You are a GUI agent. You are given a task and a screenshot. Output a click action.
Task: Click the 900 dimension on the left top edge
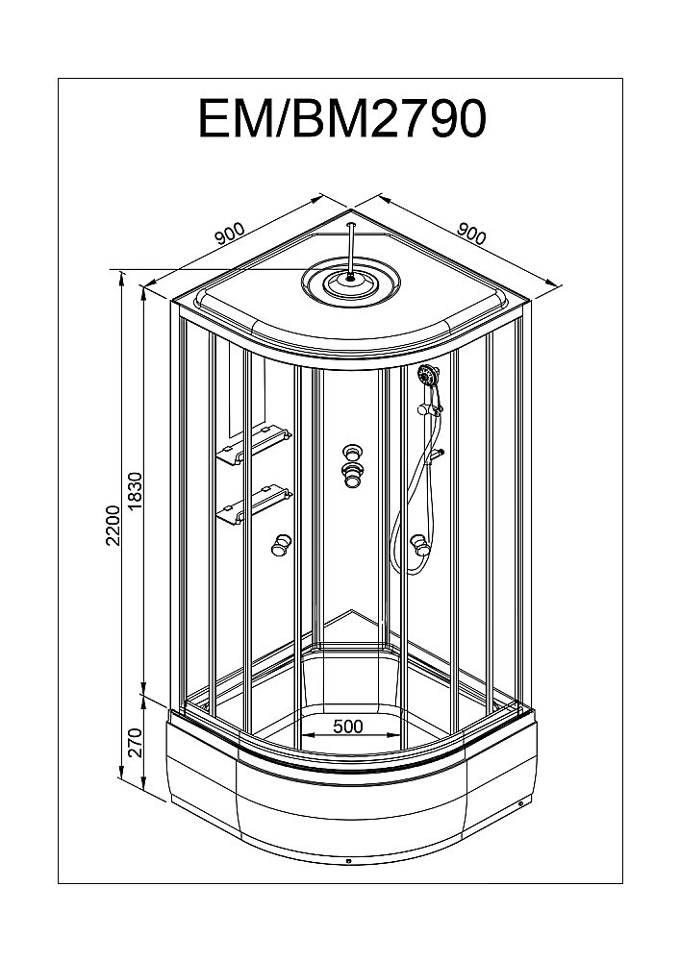coord(231,234)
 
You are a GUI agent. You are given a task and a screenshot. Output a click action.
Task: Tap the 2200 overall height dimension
coord(113,526)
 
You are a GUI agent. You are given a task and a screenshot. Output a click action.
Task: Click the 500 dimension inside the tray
coord(347,727)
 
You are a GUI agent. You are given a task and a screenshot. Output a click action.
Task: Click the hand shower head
coord(428,377)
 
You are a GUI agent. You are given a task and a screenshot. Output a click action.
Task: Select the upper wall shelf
coord(252,444)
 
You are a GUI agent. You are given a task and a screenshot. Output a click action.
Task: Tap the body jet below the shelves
coord(280,545)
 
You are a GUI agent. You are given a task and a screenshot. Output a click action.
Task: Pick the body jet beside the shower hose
coord(419,546)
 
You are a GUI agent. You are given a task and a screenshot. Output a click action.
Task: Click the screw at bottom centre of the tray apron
coord(348,861)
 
